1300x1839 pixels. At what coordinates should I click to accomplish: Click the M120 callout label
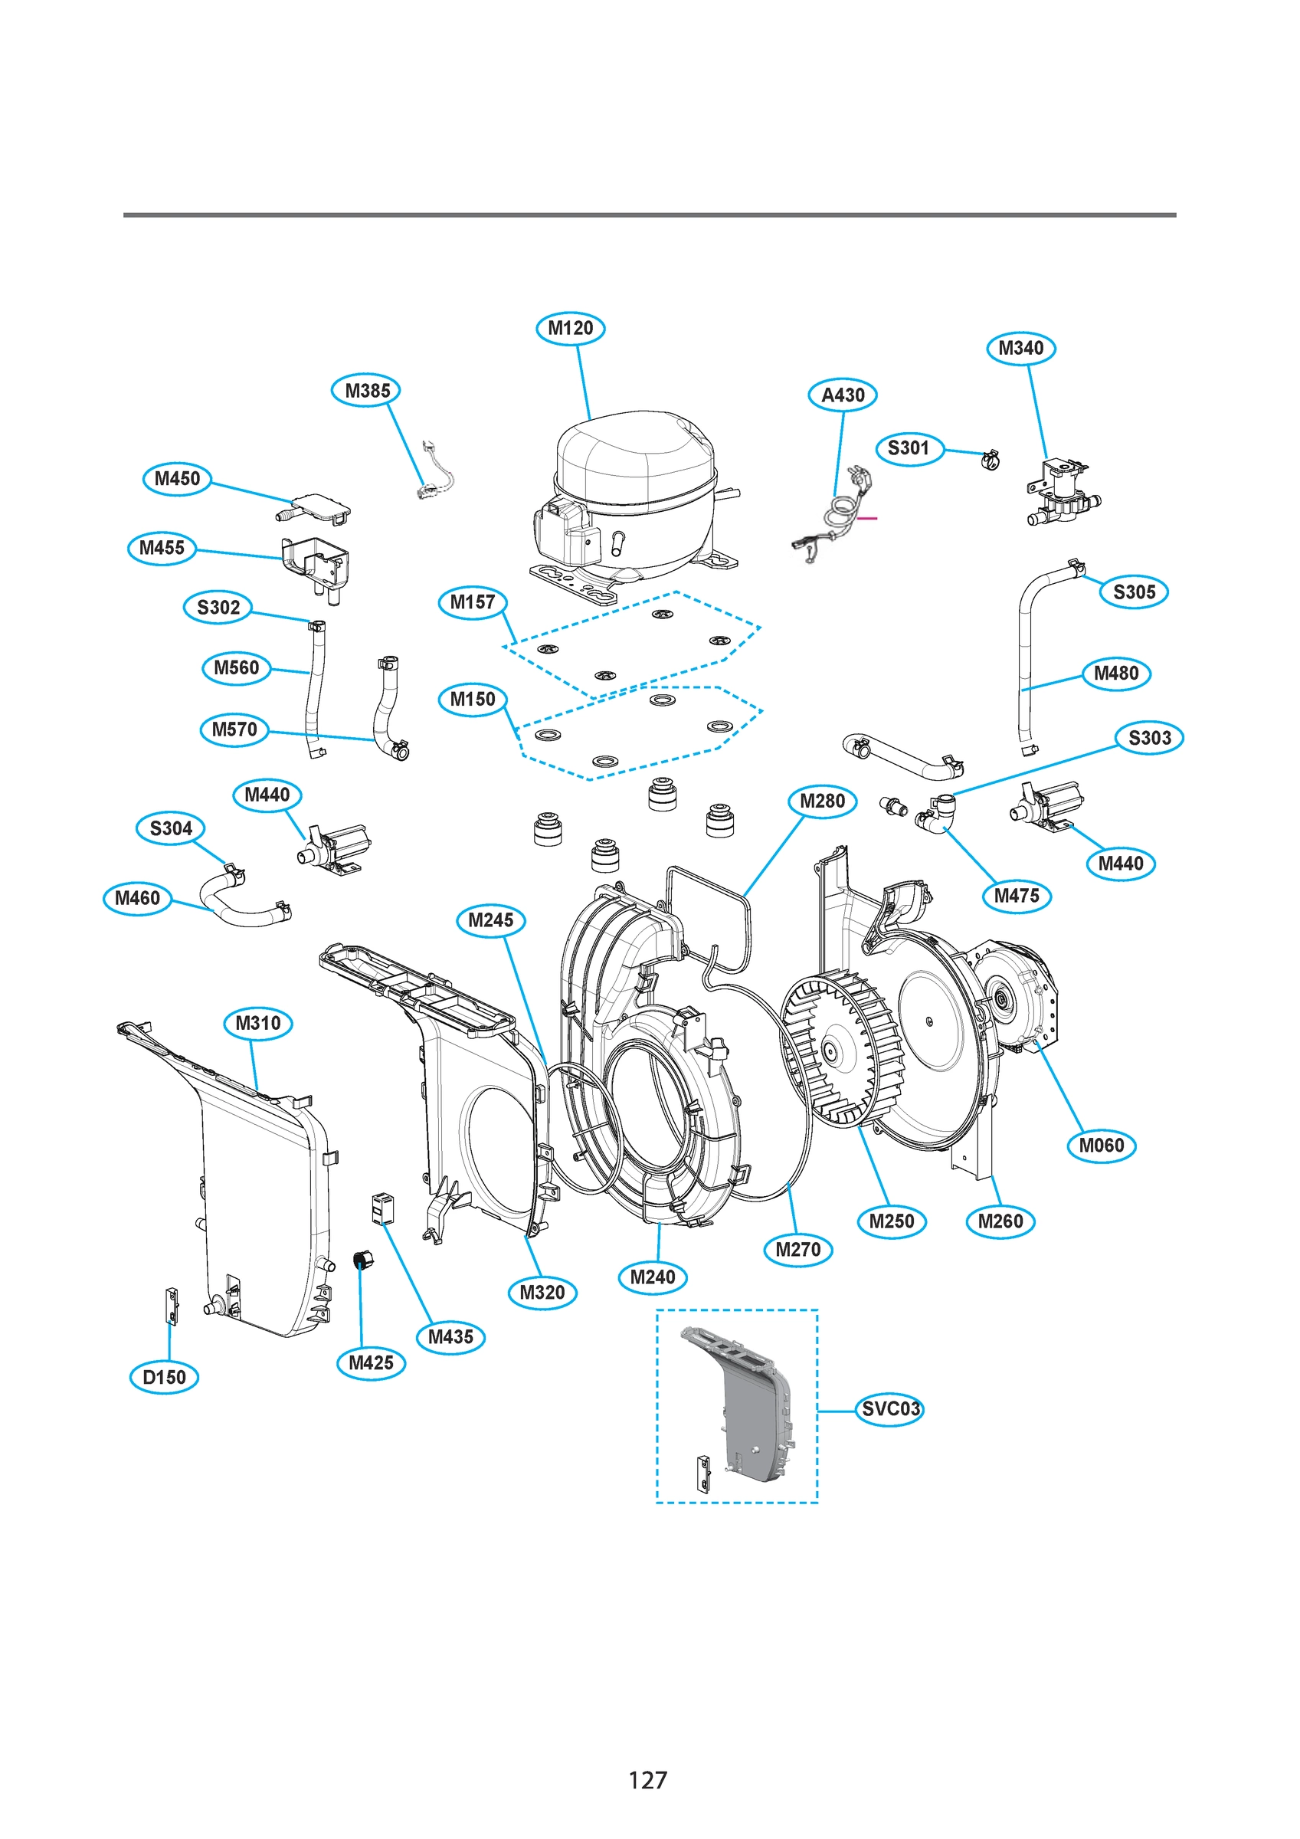[569, 328]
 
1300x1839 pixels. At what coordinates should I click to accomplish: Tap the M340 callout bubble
[1020, 348]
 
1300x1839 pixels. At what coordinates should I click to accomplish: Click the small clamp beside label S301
[991, 460]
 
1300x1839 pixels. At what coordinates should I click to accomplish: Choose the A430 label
[843, 395]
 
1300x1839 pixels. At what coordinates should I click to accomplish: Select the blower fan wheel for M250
[841, 1049]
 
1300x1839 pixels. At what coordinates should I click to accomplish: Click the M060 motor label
[1102, 1146]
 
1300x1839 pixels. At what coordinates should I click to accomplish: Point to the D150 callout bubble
[163, 1377]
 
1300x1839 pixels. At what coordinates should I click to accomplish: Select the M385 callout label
[366, 390]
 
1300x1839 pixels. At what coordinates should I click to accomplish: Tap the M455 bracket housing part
[316, 565]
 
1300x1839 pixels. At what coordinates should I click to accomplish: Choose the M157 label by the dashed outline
[472, 602]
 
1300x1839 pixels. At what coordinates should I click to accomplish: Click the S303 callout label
[1149, 738]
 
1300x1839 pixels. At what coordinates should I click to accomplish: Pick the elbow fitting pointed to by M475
[937, 813]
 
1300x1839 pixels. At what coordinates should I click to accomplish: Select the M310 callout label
[258, 1023]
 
